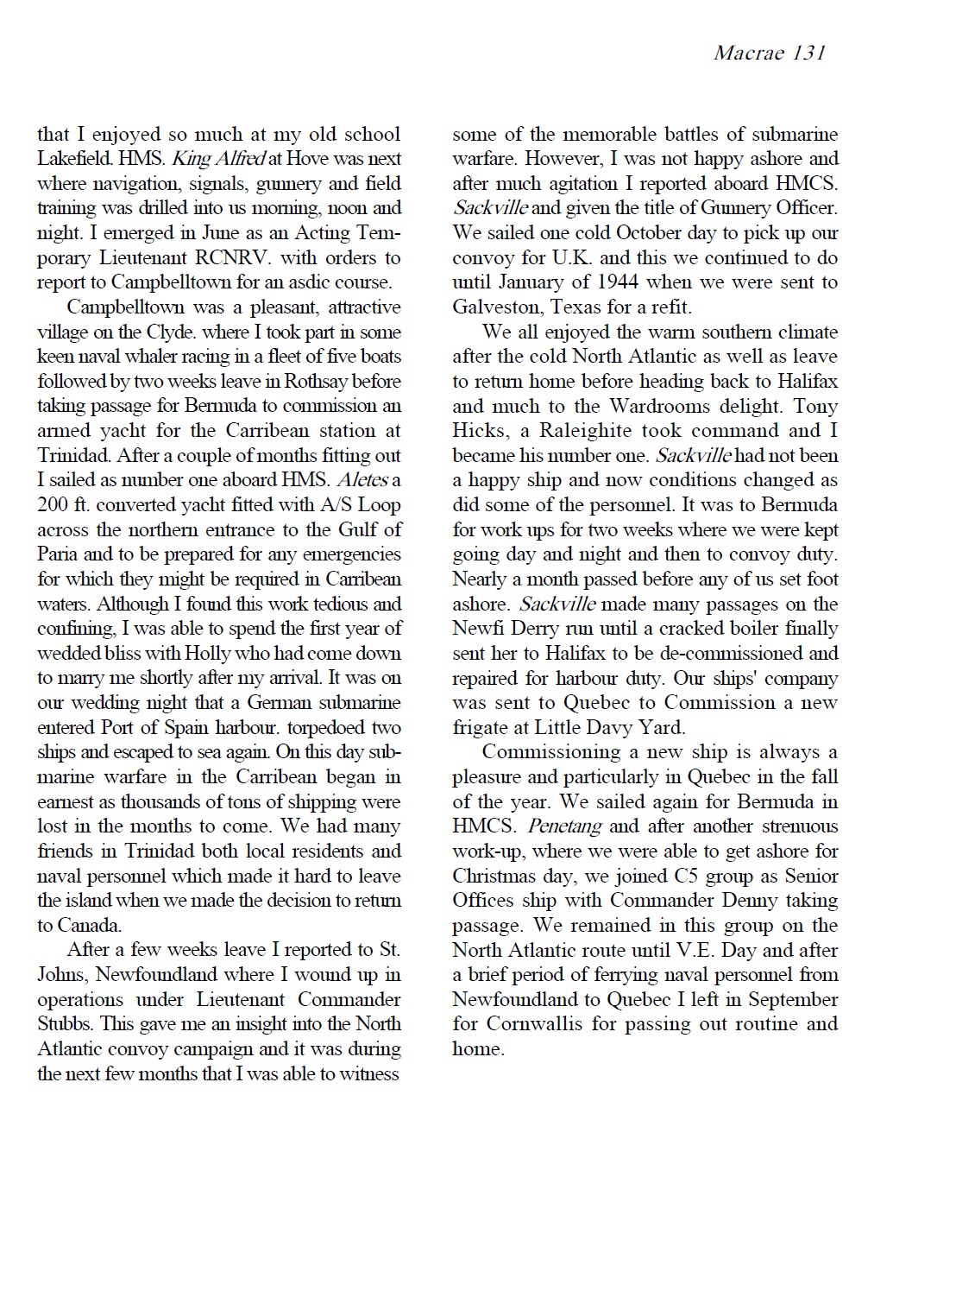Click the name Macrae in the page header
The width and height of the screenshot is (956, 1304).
(749, 53)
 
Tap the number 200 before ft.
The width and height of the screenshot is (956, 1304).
(53, 505)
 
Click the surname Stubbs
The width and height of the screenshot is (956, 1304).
(64, 1025)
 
